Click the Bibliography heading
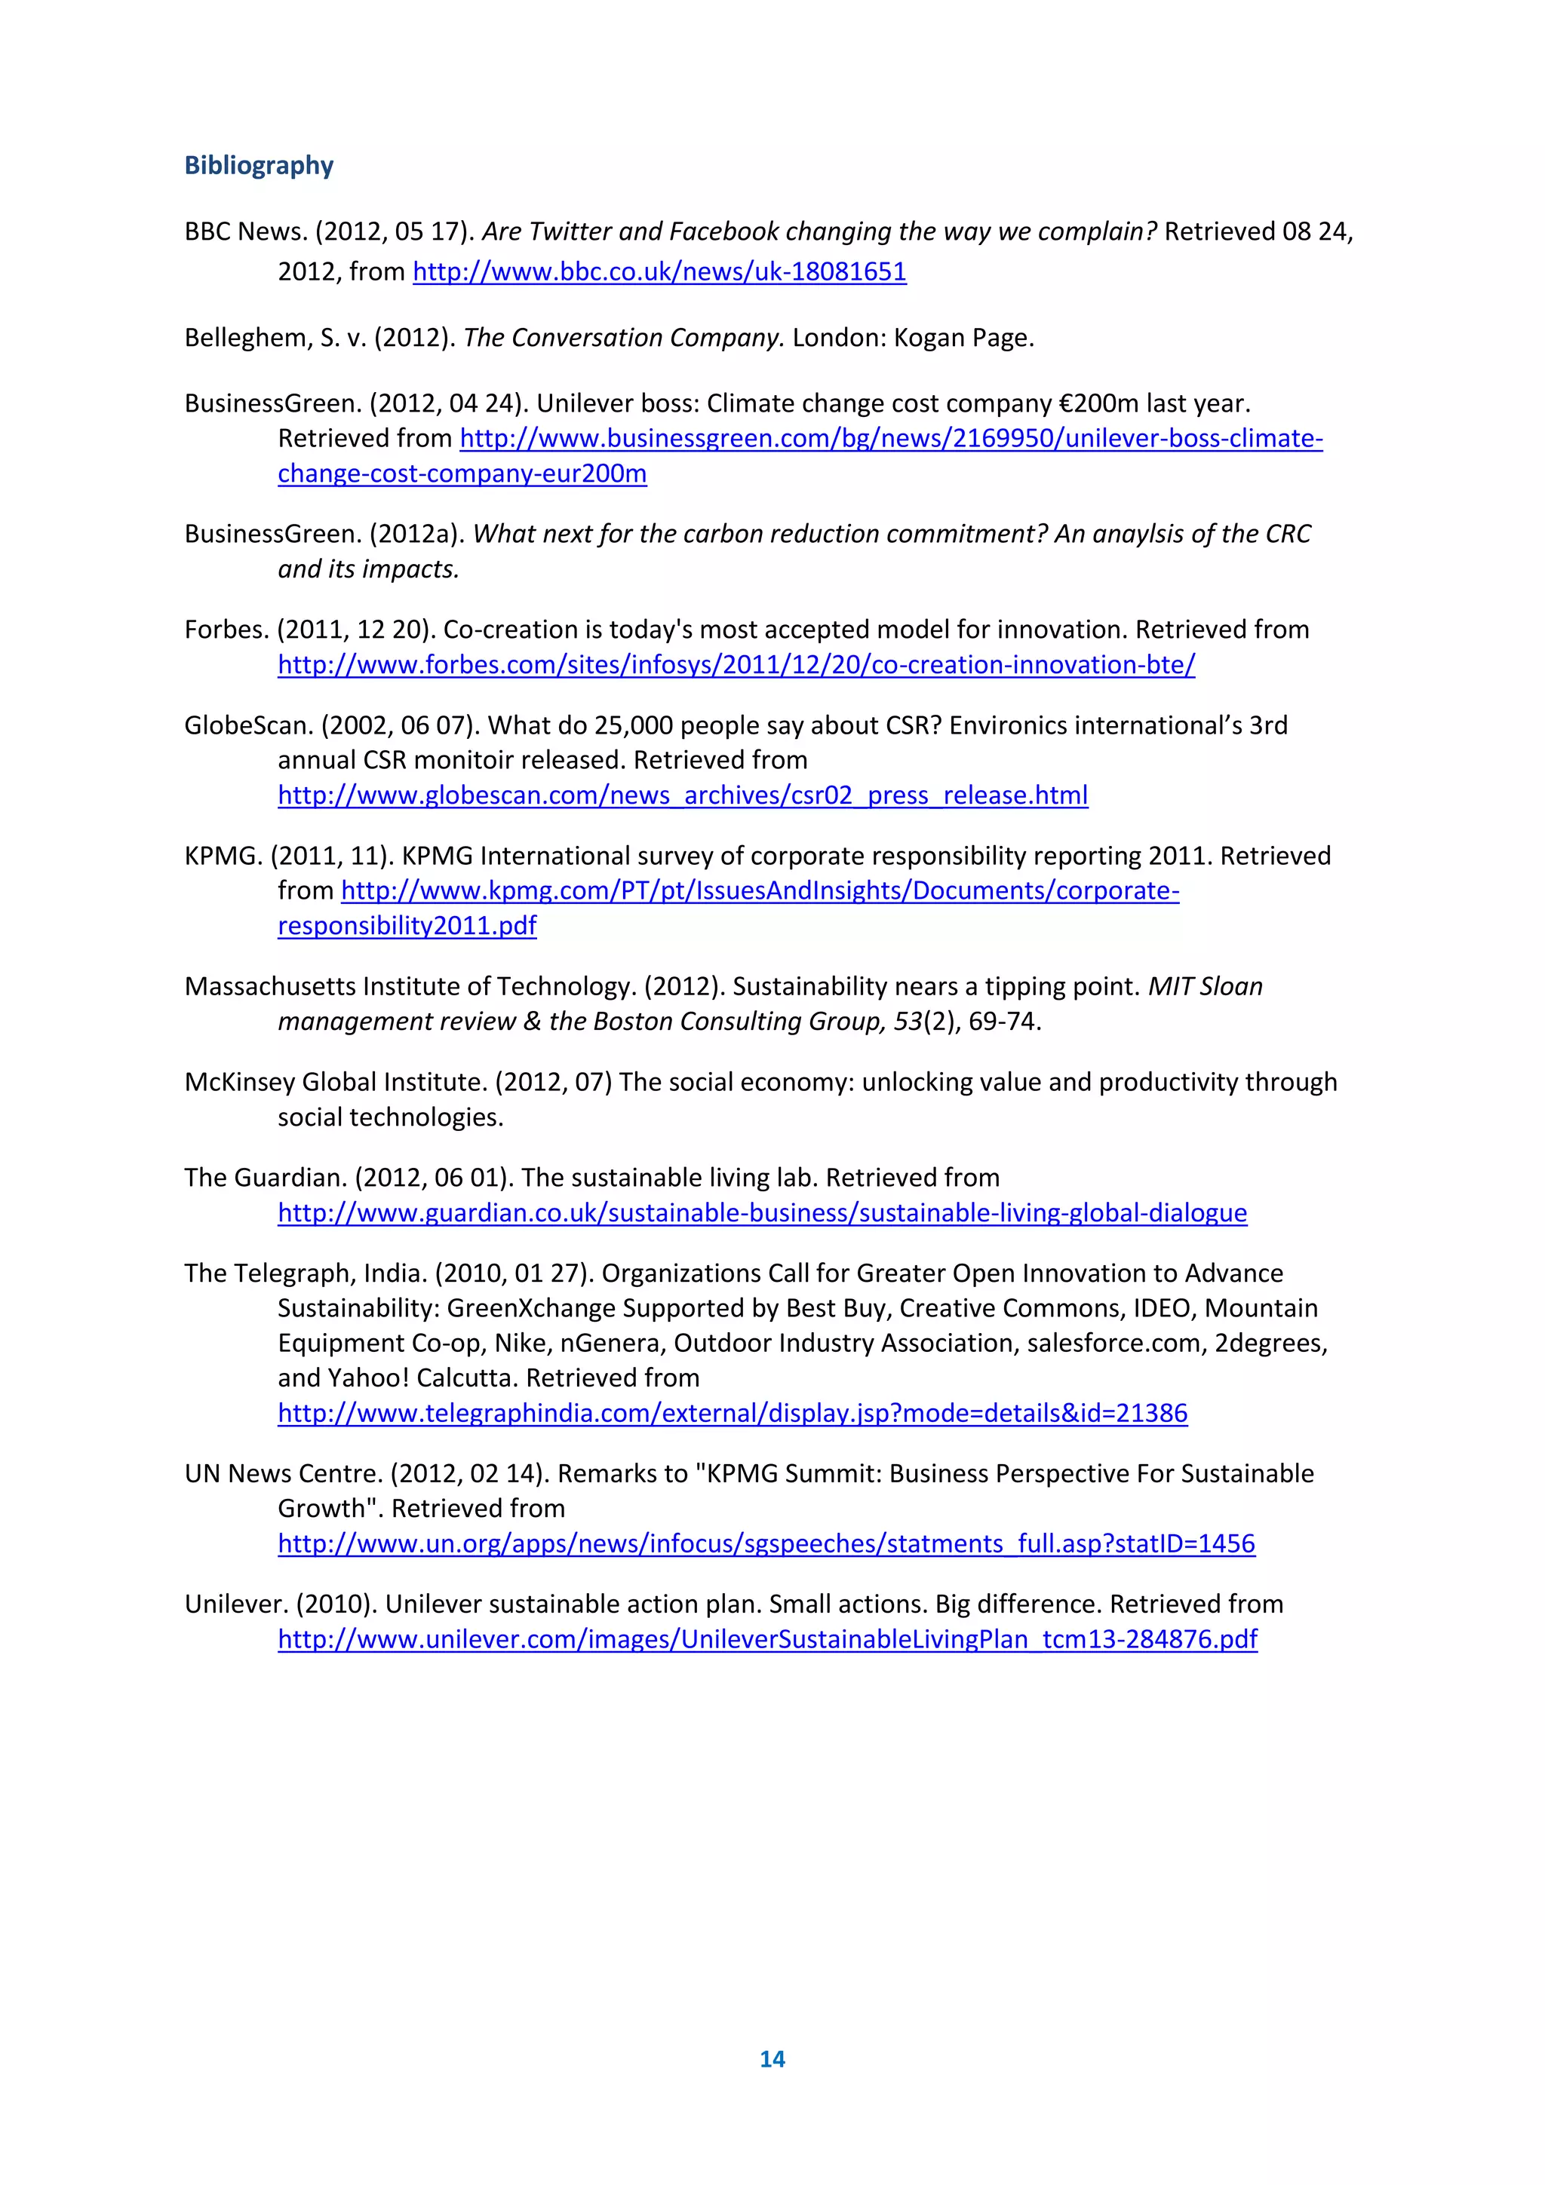(259, 166)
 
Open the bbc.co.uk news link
(659, 272)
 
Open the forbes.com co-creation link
(736, 664)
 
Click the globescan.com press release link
(683, 795)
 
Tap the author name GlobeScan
(247, 725)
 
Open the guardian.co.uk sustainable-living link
(761, 1212)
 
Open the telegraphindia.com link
(732, 1413)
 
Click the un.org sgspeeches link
(766, 1543)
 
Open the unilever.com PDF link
(767, 1639)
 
